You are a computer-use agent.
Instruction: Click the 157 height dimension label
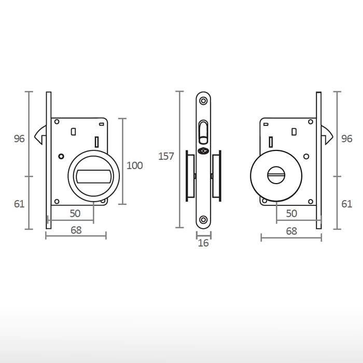(166, 156)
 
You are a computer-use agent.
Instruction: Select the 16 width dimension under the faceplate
(203, 243)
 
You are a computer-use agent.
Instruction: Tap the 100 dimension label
(134, 165)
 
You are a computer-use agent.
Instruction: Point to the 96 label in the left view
(19, 138)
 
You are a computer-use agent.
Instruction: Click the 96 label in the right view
(347, 138)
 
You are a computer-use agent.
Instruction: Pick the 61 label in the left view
(19, 204)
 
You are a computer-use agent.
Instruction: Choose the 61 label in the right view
(347, 204)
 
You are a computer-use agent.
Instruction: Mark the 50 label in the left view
(75, 213)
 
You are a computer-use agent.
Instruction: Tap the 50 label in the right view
(291, 213)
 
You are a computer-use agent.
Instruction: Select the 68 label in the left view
(76, 231)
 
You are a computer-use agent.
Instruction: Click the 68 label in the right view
(291, 231)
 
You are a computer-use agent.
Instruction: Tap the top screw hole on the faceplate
(203, 101)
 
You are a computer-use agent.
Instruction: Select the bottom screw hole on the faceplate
(203, 220)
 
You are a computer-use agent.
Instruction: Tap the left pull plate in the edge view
(190, 176)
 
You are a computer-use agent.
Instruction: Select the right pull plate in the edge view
(216, 176)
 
